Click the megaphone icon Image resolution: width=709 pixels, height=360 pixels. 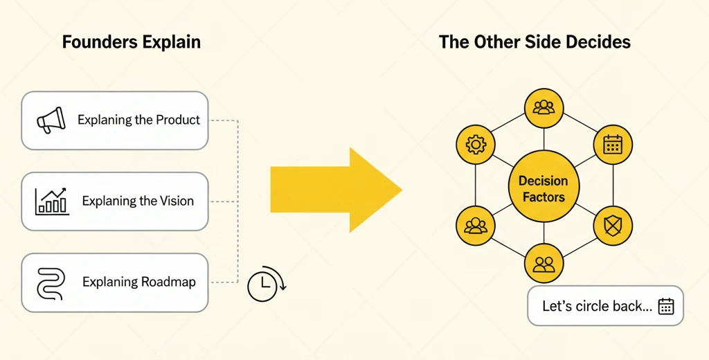click(51, 120)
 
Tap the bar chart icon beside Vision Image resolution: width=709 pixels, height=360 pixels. click(51, 201)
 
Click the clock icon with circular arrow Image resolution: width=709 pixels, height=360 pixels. click(267, 284)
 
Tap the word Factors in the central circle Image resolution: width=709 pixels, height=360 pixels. click(544, 197)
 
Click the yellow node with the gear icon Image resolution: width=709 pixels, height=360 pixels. click(475, 145)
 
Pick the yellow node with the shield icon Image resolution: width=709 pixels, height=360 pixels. click(613, 226)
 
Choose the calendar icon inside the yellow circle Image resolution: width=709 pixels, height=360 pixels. click(613, 145)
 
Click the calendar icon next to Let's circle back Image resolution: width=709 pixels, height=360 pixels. click(666, 306)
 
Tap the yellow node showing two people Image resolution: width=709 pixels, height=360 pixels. click(544, 264)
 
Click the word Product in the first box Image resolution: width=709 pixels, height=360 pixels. click(178, 120)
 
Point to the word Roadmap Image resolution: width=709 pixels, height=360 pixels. click(168, 282)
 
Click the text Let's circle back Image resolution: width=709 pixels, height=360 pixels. click(597, 306)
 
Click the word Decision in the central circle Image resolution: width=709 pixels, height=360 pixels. click(543, 181)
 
